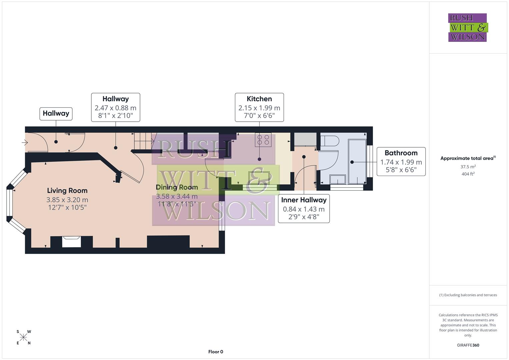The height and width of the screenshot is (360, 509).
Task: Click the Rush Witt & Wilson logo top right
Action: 467,27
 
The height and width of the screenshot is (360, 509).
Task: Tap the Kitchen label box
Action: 259,107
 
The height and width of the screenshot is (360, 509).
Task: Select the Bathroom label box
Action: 401,162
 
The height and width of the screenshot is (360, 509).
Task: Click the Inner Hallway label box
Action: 304,209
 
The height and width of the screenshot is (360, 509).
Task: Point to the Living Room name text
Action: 67,191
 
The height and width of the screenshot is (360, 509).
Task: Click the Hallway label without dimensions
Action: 56,114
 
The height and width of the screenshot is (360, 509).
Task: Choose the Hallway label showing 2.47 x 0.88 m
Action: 115,107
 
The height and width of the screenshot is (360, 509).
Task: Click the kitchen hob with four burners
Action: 263,140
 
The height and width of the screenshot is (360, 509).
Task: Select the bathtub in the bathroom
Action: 357,162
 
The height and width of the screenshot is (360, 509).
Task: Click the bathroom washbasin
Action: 338,180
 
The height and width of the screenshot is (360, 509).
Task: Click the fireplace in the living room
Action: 71,241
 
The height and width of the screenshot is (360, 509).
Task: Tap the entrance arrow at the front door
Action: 25,143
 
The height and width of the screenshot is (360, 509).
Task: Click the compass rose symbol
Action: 23,337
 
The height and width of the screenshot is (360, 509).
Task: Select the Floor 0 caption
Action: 215,352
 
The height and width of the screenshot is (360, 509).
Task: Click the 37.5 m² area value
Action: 468,167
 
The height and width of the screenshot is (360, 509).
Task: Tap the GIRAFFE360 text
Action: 468,345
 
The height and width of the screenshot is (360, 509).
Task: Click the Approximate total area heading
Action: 468,158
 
